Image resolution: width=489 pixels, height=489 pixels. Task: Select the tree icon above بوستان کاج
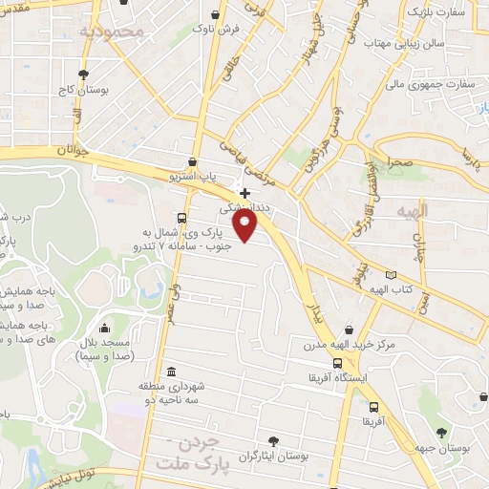pos(84,74)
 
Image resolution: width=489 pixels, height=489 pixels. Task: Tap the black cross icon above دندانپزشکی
pos(244,192)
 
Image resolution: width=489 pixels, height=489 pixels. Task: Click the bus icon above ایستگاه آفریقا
pos(337,363)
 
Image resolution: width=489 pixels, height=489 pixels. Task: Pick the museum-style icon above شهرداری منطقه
pos(170,372)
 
